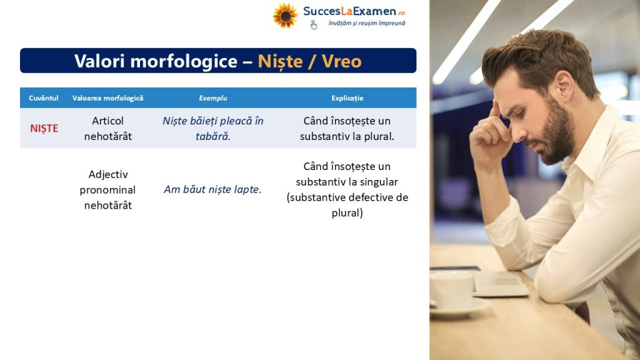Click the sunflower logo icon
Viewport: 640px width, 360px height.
click(285, 16)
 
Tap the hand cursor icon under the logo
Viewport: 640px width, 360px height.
click(314, 25)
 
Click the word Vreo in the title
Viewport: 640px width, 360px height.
click(342, 61)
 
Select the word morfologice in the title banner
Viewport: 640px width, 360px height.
click(184, 62)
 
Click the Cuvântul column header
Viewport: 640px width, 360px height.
click(44, 98)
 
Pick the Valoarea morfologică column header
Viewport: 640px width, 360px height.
click(107, 98)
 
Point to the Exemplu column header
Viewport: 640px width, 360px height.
click(212, 98)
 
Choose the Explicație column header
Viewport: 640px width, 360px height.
click(347, 98)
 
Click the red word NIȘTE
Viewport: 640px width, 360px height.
click(44, 129)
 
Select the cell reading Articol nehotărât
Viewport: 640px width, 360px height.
click(107, 129)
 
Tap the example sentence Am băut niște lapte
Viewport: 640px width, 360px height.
click(212, 189)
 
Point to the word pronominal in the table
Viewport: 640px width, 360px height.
click(107, 190)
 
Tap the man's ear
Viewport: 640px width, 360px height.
click(565, 85)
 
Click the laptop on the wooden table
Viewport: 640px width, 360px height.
click(499, 283)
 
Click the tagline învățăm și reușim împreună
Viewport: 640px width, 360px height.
click(367, 23)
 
